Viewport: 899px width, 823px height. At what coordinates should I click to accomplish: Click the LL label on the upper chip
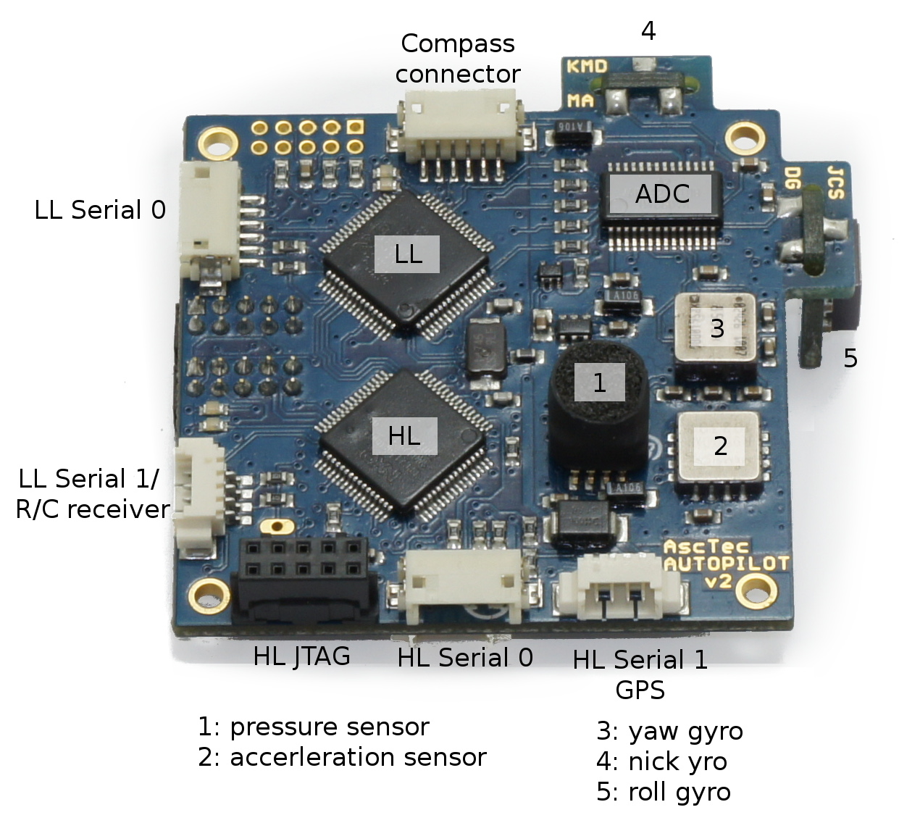tap(407, 254)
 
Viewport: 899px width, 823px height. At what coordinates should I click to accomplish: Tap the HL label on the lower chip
tap(404, 435)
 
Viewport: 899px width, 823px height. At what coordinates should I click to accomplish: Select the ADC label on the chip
tap(662, 194)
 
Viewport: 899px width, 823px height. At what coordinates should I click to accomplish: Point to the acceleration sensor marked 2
tap(719, 446)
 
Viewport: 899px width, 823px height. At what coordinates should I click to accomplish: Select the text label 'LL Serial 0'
tap(100, 210)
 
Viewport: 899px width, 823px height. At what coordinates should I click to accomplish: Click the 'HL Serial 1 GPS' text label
tap(640, 674)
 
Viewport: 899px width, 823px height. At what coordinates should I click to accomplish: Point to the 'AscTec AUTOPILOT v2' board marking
tap(724, 564)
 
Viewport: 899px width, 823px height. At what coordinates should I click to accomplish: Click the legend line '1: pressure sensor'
tap(313, 727)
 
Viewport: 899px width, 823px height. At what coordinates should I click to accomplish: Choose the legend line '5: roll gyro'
tap(663, 792)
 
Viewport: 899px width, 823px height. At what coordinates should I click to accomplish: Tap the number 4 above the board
tap(648, 31)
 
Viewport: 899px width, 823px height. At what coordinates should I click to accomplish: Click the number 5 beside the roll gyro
tap(850, 358)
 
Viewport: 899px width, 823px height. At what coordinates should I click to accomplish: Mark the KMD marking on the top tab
tap(587, 67)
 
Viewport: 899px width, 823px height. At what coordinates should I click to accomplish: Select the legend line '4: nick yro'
tap(661, 761)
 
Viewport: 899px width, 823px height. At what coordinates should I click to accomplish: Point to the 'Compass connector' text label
tap(458, 59)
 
